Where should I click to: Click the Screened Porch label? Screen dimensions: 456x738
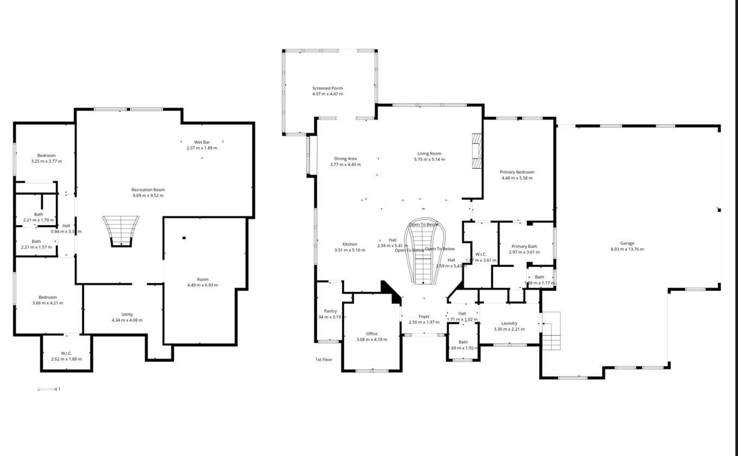327,88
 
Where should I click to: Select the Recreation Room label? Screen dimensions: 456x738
148,190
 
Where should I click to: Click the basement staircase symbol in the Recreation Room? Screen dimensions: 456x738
121,231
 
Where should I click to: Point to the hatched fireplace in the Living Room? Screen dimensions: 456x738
476,151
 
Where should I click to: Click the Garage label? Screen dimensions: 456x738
627,243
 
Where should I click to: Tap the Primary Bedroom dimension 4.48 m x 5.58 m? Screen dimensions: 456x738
517,178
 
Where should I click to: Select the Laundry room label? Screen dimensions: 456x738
509,323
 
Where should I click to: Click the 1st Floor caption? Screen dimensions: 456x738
324,359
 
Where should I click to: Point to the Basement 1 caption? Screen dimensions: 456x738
49,389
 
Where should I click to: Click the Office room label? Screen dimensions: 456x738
371,333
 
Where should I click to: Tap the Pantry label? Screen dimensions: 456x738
330,311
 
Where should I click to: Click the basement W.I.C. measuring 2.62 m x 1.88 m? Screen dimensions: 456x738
66,356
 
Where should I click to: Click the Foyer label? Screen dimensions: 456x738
424,316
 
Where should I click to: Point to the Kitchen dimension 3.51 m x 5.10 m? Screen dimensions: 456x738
350,250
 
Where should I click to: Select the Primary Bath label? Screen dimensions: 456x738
524,246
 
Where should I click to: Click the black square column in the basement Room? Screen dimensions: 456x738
184,238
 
